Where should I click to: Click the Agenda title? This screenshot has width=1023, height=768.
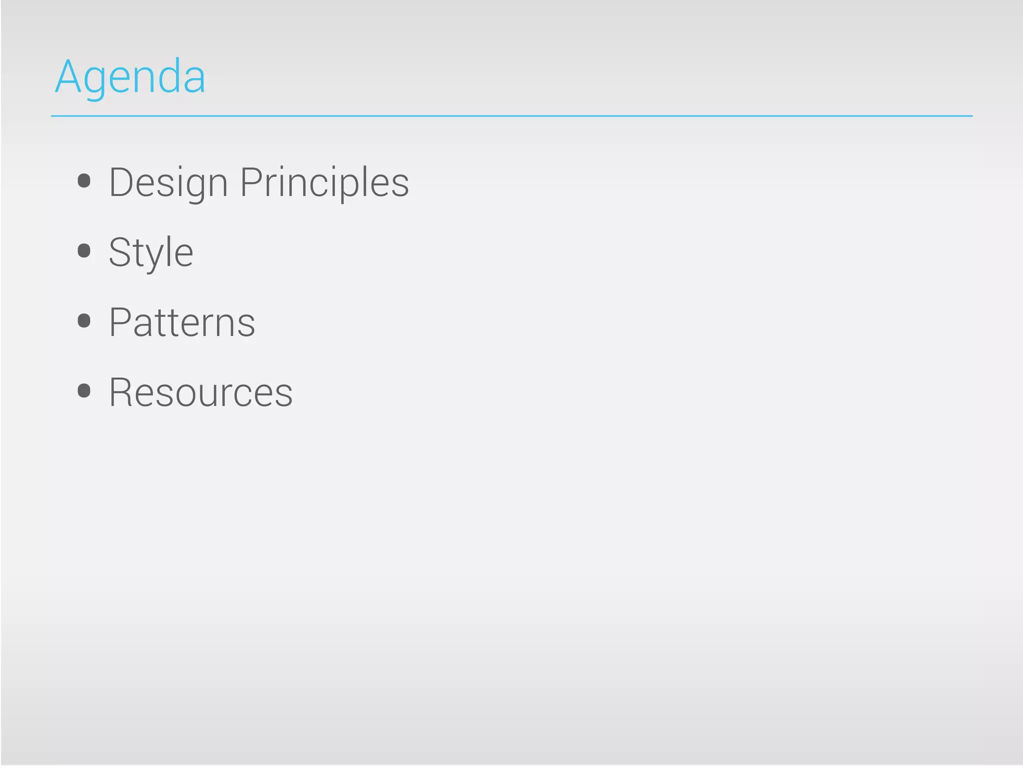click(x=130, y=77)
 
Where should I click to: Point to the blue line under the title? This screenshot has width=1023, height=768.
click(x=511, y=116)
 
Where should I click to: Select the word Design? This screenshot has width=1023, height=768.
click(x=168, y=183)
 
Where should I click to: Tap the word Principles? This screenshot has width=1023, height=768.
click(x=324, y=183)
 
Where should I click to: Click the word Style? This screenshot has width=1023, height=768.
click(x=151, y=253)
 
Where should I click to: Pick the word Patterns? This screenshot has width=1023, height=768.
click(x=182, y=323)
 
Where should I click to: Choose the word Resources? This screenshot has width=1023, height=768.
click(x=201, y=393)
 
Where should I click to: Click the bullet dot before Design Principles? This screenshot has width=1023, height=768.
click(x=84, y=180)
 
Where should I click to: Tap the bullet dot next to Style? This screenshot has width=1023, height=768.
click(x=84, y=250)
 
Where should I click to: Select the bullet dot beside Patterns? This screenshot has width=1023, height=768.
click(x=84, y=320)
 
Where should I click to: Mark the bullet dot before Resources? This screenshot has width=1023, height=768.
click(x=84, y=390)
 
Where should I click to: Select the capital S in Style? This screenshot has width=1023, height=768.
click(x=119, y=252)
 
